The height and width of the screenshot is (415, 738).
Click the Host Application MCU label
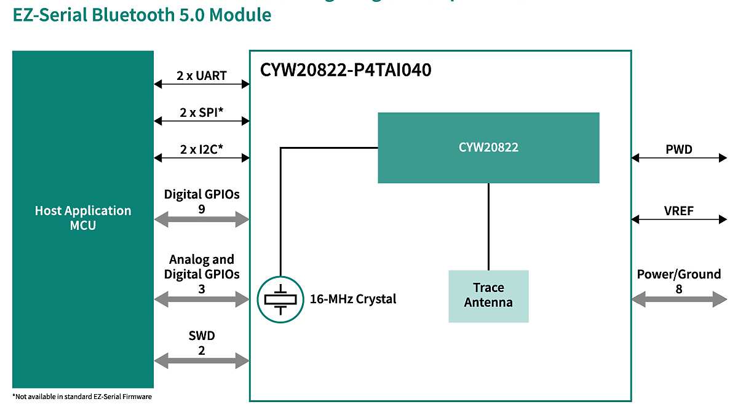tap(83, 218)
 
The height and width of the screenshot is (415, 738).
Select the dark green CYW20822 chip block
tap(488, 148)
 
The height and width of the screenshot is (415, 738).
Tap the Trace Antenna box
tap(488, 295)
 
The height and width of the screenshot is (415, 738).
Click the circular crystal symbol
tap(280, 299)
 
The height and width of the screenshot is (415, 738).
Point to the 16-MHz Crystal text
tap(353, 299)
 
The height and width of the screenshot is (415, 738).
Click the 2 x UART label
tap(202, 76)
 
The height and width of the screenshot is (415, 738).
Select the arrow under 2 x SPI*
tap(202, 122)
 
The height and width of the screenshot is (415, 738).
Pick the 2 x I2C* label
tap(202, 149)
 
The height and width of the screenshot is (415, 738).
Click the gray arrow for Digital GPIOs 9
tap(202, 218)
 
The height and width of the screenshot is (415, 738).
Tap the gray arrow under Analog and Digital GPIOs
tap(202, 299)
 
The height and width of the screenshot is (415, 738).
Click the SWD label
tap(202, 336)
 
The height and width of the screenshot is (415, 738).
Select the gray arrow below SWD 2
tap(202, 360)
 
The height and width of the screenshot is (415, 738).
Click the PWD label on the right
tap(679, 149)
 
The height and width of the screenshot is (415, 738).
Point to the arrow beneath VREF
tap(679, 218)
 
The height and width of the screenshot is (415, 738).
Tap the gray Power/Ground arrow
tap(679, 299)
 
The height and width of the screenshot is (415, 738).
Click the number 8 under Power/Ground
tap(679, 288)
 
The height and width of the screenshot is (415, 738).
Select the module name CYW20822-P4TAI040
tap(346, 70)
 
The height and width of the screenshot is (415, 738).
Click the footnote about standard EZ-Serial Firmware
tap(82, 397)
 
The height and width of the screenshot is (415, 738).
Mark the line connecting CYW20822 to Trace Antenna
tap(488, 226)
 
